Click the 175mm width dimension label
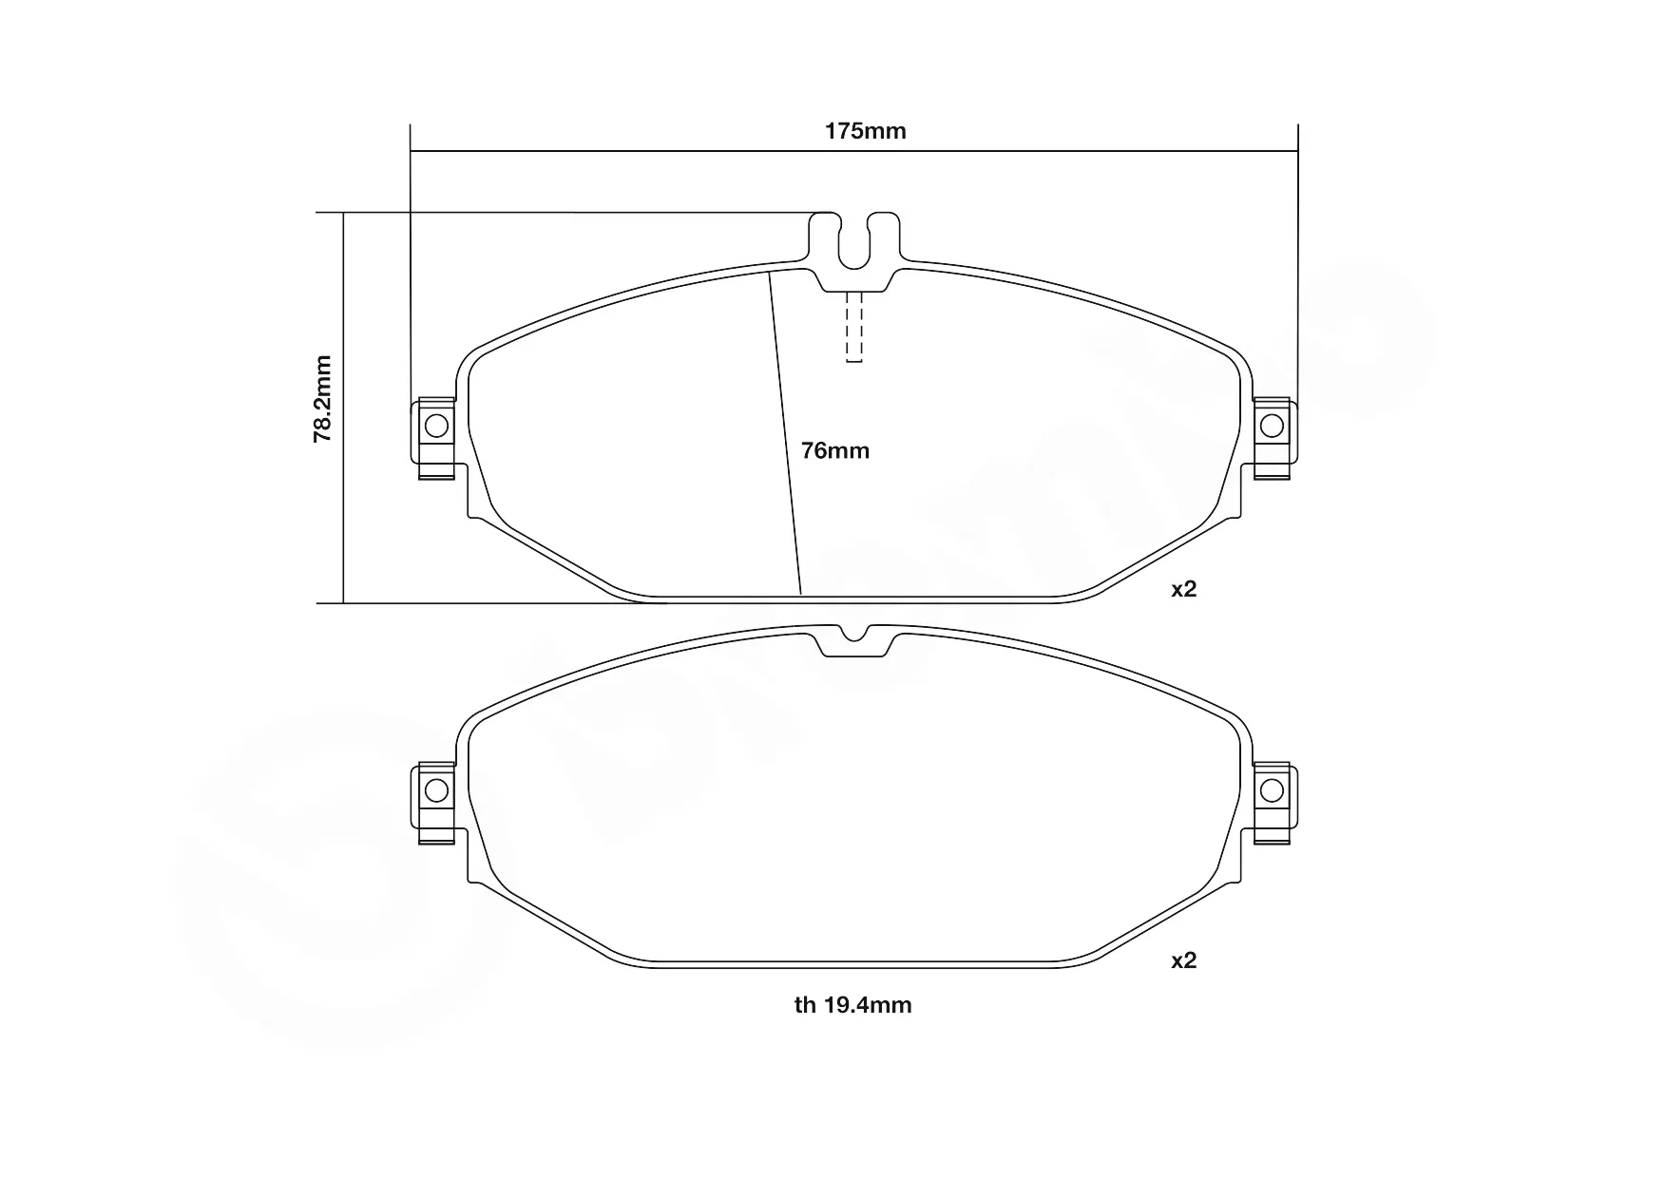coord(865,131)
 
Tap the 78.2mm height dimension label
coord(323,399)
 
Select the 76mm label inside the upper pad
coord(835,450)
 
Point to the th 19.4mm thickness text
coord(852,1005)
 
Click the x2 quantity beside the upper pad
coord(1183,589)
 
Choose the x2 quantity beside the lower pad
coord(1183,960)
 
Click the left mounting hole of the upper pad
coord(436,425)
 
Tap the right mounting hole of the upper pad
coord(1272,425)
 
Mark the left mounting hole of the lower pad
coord(436,789)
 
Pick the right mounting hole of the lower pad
coord(1272,789)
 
